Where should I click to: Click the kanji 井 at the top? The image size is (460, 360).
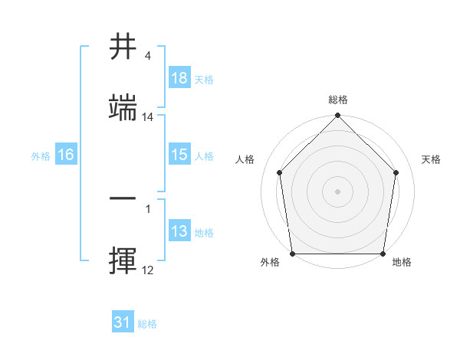coord(123,47)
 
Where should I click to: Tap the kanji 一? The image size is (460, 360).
coord(123,198)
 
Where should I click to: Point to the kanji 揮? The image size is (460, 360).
coord(123,259)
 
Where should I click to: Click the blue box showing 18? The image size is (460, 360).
coord(179,78)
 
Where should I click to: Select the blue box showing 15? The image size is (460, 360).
coord(179,155)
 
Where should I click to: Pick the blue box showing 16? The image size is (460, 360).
coord(66,155)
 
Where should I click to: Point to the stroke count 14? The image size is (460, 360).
coord(148,117)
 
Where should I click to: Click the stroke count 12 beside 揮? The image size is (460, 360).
coord(148,270)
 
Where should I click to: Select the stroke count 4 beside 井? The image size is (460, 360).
coord(147,56)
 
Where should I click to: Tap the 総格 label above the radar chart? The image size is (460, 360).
coord(337,100)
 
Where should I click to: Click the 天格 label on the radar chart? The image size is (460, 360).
coord(431,159)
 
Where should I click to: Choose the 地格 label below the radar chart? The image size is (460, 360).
coord(402,263)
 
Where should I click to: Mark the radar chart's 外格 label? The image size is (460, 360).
coord(270,263)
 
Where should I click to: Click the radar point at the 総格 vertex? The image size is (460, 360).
coord(337,116)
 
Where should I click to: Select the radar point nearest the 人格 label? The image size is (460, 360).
coord(279,172)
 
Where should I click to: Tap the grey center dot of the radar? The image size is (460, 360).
coord(337,191)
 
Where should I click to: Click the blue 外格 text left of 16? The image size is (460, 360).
coord(40,155)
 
